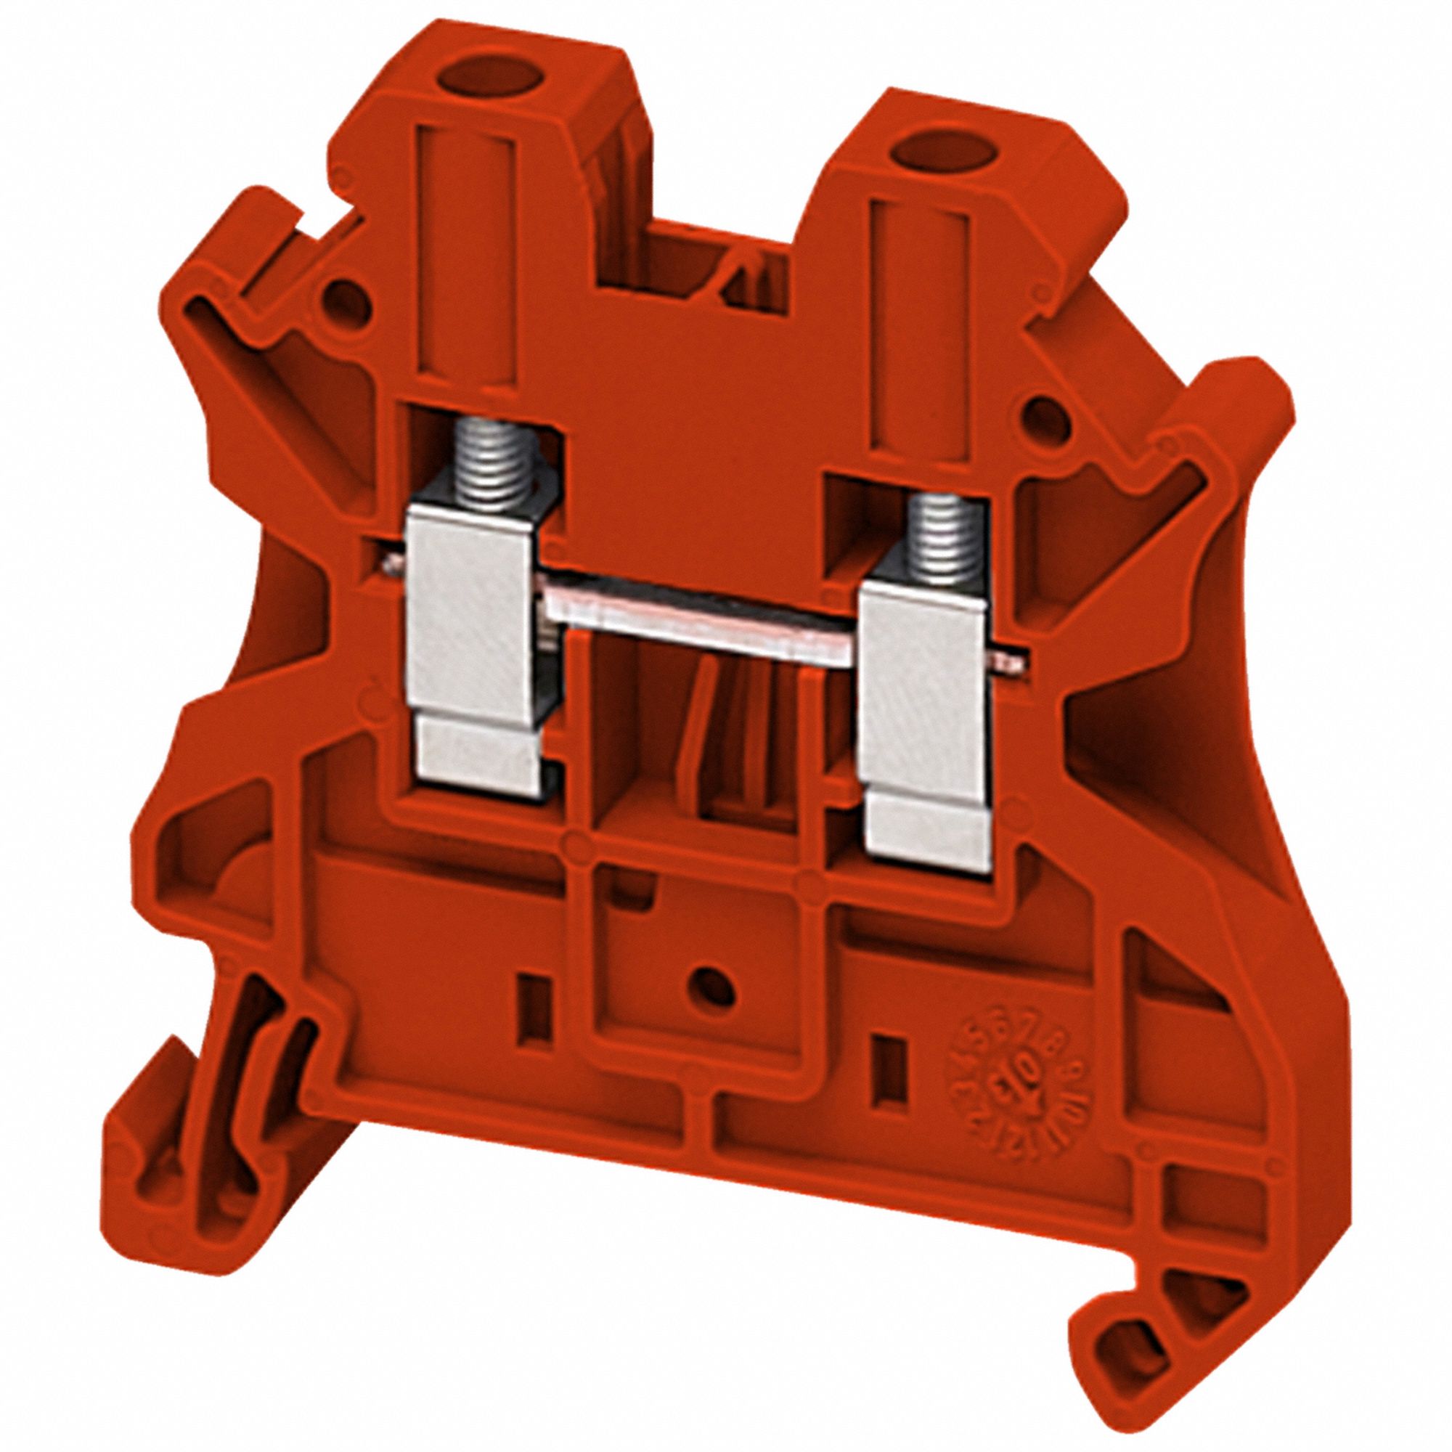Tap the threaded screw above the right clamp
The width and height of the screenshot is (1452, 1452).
(x=928, y=538)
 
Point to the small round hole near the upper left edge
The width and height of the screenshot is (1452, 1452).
(x=348, y=300)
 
